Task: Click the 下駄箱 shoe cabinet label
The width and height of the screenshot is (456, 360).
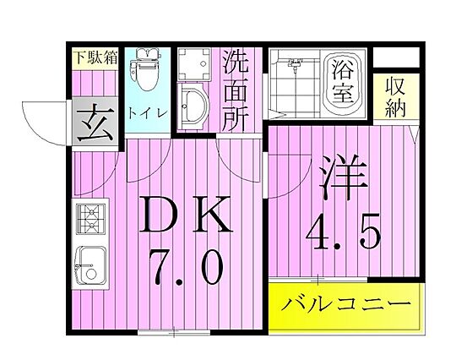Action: tap(95, 57)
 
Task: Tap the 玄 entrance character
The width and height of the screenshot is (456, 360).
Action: tap(95, 122)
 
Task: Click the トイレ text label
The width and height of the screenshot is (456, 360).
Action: tap(147, 113)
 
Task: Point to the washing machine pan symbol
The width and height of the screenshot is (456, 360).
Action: tap(193, 64)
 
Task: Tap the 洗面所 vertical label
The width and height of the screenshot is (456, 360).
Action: tap(235, 91)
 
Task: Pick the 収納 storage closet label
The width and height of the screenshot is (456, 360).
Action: tap(395, 98)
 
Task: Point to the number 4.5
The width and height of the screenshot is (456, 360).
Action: tap(343, 232)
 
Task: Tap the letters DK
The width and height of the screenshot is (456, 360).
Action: tap(186, 215)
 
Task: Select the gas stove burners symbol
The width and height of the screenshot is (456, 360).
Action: tap(90, 219)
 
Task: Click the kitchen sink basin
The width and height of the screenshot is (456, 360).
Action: tap(90, 265)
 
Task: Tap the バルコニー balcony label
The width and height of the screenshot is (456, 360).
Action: tap(345, 304)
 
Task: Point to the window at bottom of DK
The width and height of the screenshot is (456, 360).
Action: tap(174, 332)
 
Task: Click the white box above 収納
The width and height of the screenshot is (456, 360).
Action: tap(396, 57)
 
